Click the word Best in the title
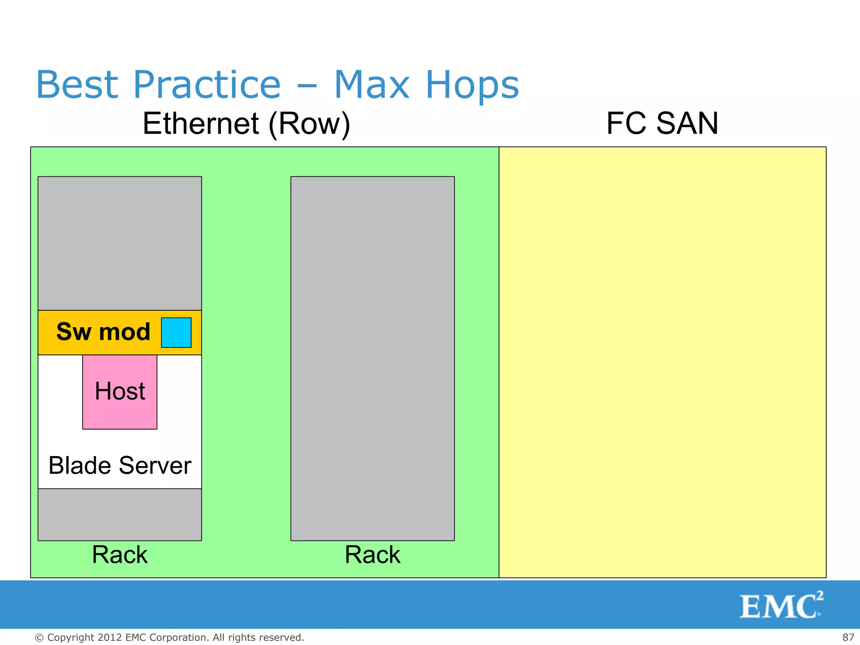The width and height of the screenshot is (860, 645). pos(77,85)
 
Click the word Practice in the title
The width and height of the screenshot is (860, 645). pos(207,85)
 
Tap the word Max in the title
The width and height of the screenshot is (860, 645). pos(371,85)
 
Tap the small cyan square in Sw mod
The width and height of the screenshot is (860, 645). pos(176,332)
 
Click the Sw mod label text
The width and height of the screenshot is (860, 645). pos(103,332)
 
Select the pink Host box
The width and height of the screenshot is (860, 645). pos(120,392)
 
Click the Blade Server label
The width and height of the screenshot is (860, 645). pos(120,465)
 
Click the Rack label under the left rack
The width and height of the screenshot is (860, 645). pos(120,555)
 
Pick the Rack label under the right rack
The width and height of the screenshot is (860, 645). pos(372,555)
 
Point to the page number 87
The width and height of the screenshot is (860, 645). pos(848,637)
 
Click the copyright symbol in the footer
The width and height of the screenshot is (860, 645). pos(39,638)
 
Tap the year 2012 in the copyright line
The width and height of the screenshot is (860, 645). pos(110,637)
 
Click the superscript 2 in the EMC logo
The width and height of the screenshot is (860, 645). pos(820,595)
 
